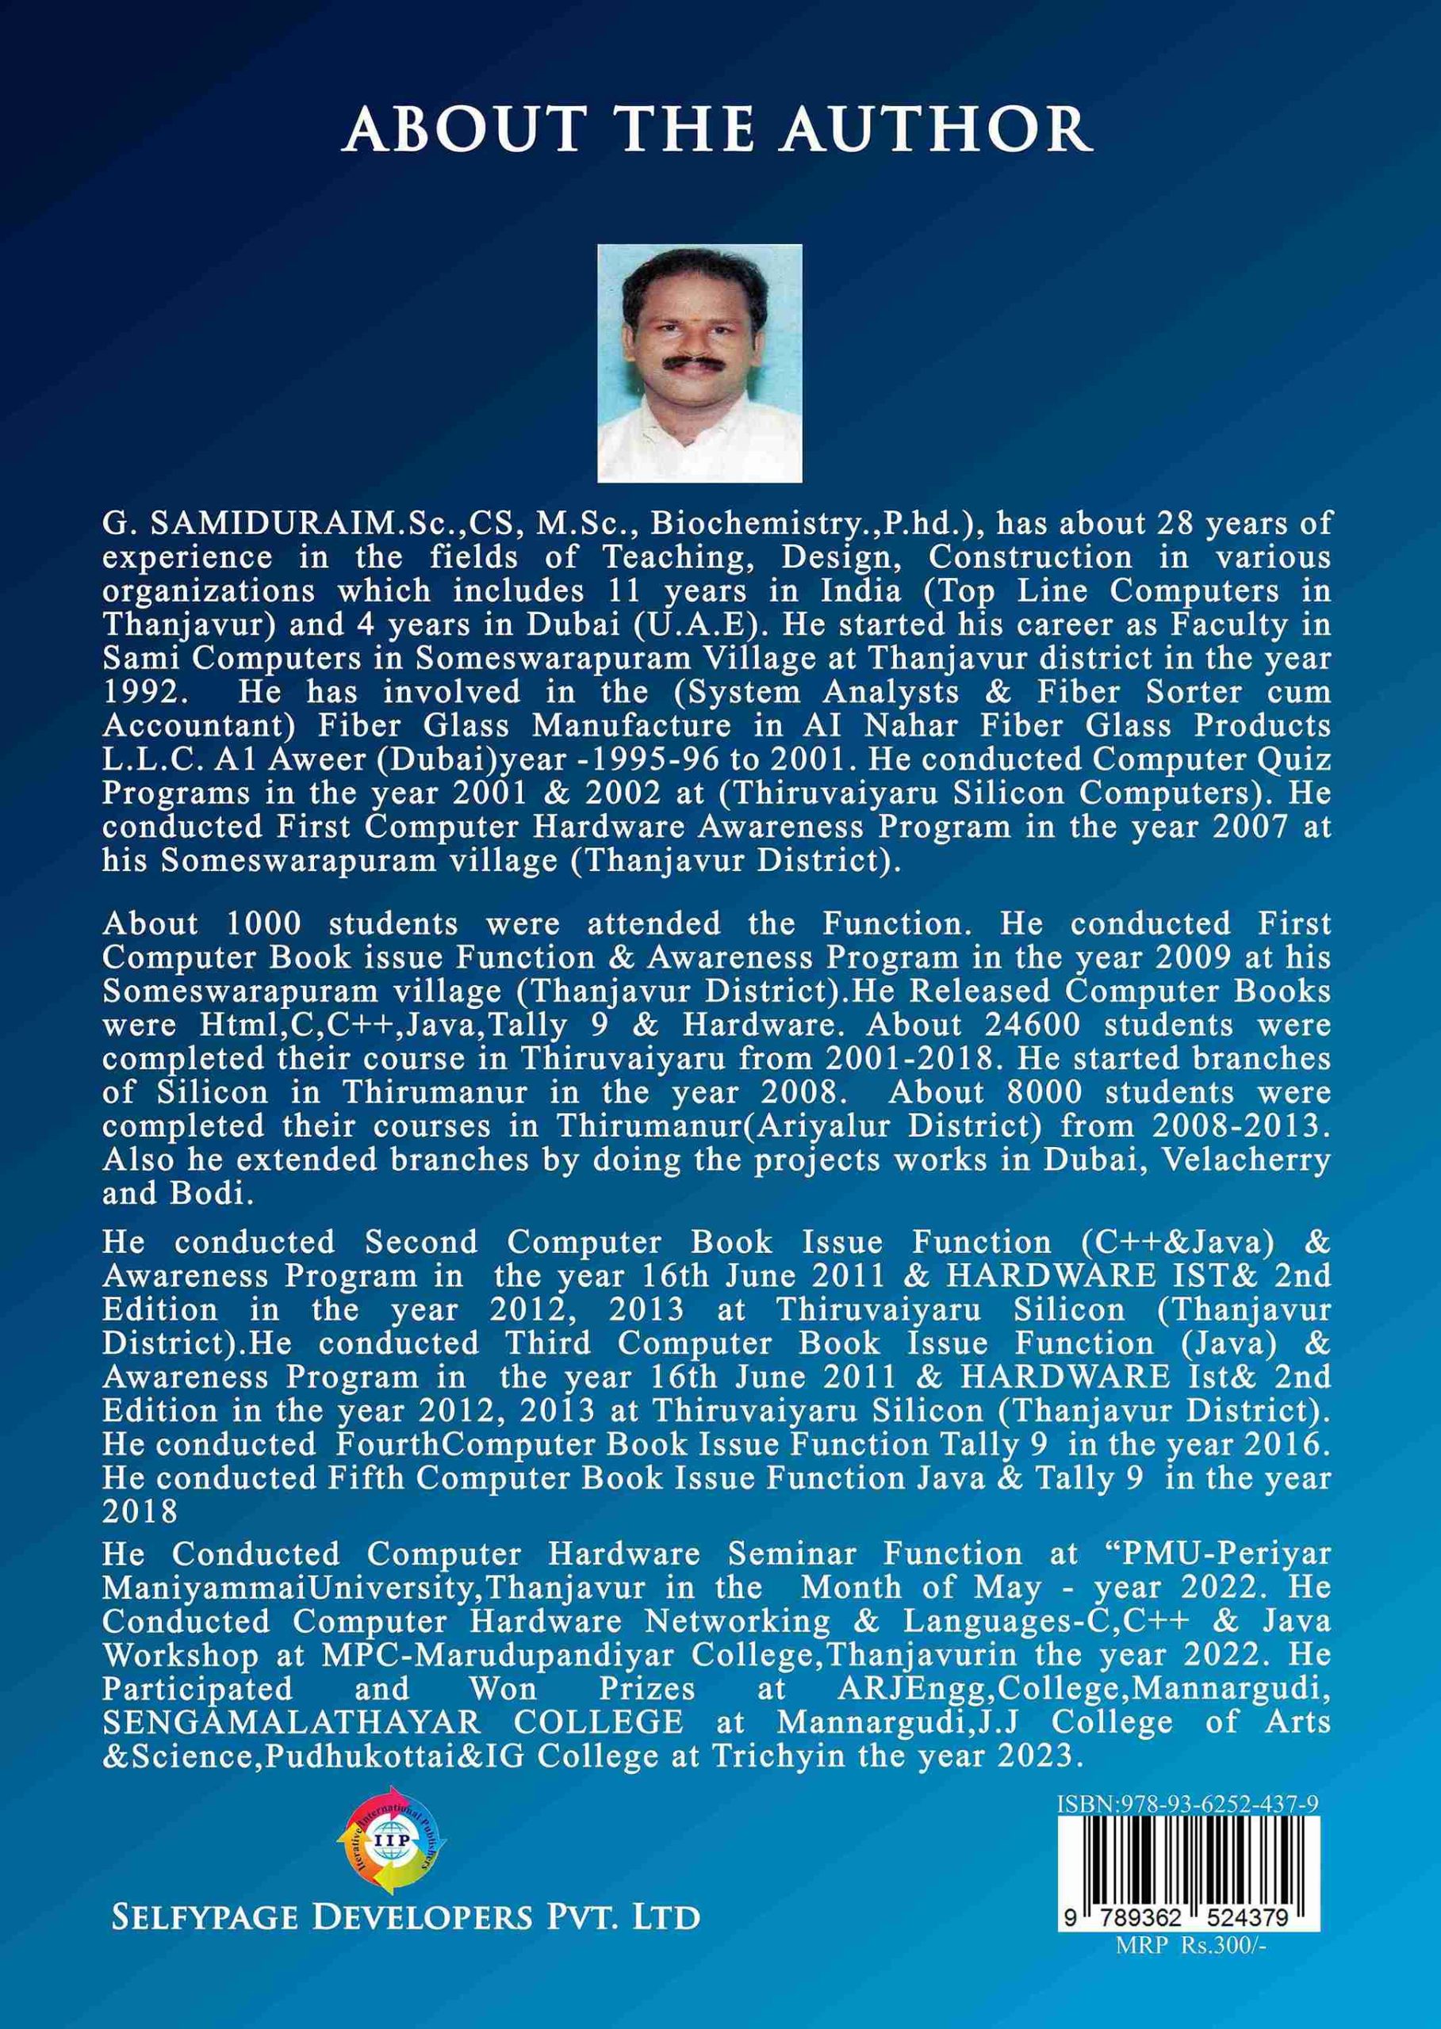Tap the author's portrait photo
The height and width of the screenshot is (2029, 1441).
pos(700,363)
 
